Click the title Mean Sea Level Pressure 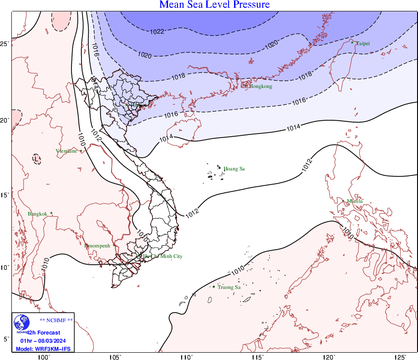pyautogui.click(x=214, y=5)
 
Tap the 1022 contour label pyautogui.click(x=157, y=32)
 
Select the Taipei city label pyautogui.click(x=363, y=44)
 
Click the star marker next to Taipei pyautogui.click(x=352, y=43)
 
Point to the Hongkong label pyautogui.click(x=260, y=87)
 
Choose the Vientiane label pyautogui.click(x=66, y=151)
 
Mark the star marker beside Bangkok pyautogui.click(x=51, y=213)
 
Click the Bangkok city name pyautogui.click(x=37, y=214)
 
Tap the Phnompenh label pyautogui.click(x=97, y=246)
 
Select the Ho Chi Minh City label pyautogui.click(x=163, y=257)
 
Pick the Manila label pyautogui.click(x=355, y=201)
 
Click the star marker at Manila pyautogui.click(x=343, y=201)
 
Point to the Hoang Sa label pyautogui.click(x=234, y=169)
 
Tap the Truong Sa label pyautogui.click(x=229, y=287)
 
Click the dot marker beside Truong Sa pyautogui.click(x=214, y=287)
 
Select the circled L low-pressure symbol pyautogui.click(x=36, y=159)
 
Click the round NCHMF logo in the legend pyautogui.click(x=21, y=323)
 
